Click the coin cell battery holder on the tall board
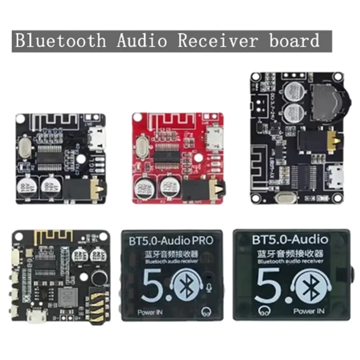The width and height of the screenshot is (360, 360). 328,101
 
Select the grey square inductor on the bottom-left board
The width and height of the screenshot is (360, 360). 67,297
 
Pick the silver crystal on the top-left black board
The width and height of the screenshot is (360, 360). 26,147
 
